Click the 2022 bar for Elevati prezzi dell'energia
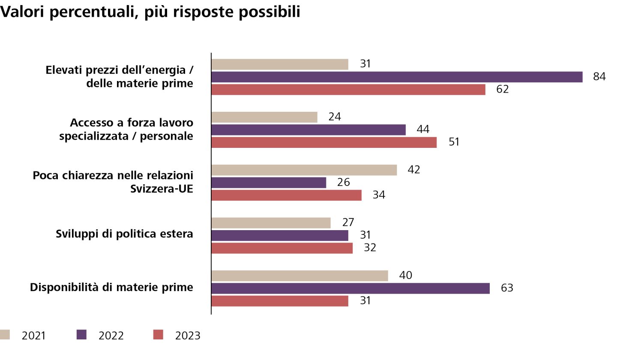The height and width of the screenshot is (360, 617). pos(397,77)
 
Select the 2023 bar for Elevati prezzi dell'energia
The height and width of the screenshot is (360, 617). pos(348,90)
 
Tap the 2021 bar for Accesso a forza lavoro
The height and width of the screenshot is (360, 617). pos(264,117)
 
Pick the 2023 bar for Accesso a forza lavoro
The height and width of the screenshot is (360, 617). pos(324,142)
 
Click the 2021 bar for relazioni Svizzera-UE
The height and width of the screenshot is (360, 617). pos(304,170)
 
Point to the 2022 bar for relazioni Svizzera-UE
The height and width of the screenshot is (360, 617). pos(269,183)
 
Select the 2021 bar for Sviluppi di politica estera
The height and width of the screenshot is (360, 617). pos(271,223)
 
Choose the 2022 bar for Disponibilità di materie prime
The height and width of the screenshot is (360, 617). pos(350,288)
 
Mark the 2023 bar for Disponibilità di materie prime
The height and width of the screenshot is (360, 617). pos(280,301)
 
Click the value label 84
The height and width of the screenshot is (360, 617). pos(599,77)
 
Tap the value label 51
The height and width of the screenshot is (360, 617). pos(454,142)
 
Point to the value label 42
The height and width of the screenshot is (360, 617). pos(414,170)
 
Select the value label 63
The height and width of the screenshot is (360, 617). pos(507,288)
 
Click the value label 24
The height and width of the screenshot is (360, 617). pos(335,117)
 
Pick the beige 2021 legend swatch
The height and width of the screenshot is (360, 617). pos(5,335)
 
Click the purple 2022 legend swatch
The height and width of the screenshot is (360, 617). pos(81,335)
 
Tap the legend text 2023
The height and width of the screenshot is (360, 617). pos(188,336)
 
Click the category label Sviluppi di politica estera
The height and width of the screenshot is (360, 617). pos(124,234)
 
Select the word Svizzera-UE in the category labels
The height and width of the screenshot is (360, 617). pos(162,189)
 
